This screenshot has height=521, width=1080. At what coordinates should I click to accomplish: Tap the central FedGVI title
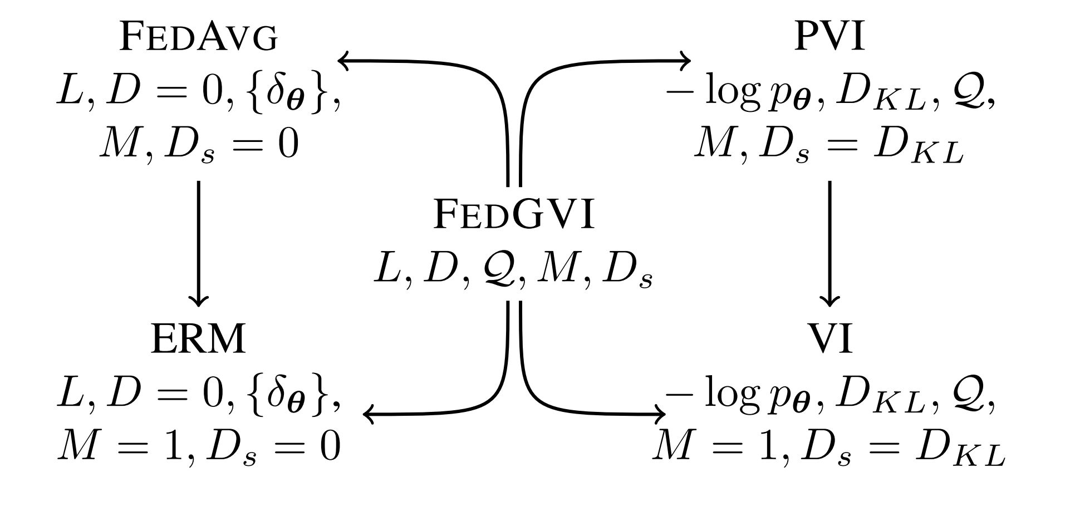click(514, 215)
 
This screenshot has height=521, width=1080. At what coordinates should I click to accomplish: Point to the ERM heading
click(198, 339)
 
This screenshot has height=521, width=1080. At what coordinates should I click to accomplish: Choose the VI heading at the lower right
click(830, 339)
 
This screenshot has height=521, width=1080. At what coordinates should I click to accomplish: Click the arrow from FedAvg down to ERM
click(199, 243)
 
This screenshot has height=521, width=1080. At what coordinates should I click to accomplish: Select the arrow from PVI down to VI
click(830, 243)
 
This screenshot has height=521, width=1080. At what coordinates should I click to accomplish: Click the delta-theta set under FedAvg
click(287, 94)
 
